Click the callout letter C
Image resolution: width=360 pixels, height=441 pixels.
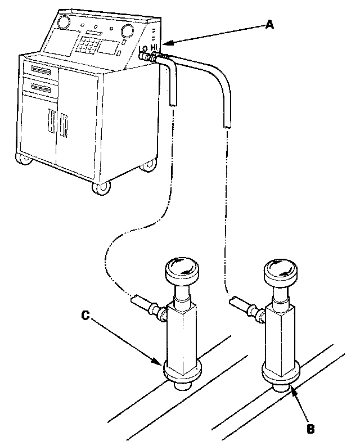click(x=84, y=316)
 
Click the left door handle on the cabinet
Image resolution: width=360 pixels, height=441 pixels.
click(x=50, y=124)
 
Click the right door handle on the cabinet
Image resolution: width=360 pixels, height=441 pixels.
click(x=64, y=127)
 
